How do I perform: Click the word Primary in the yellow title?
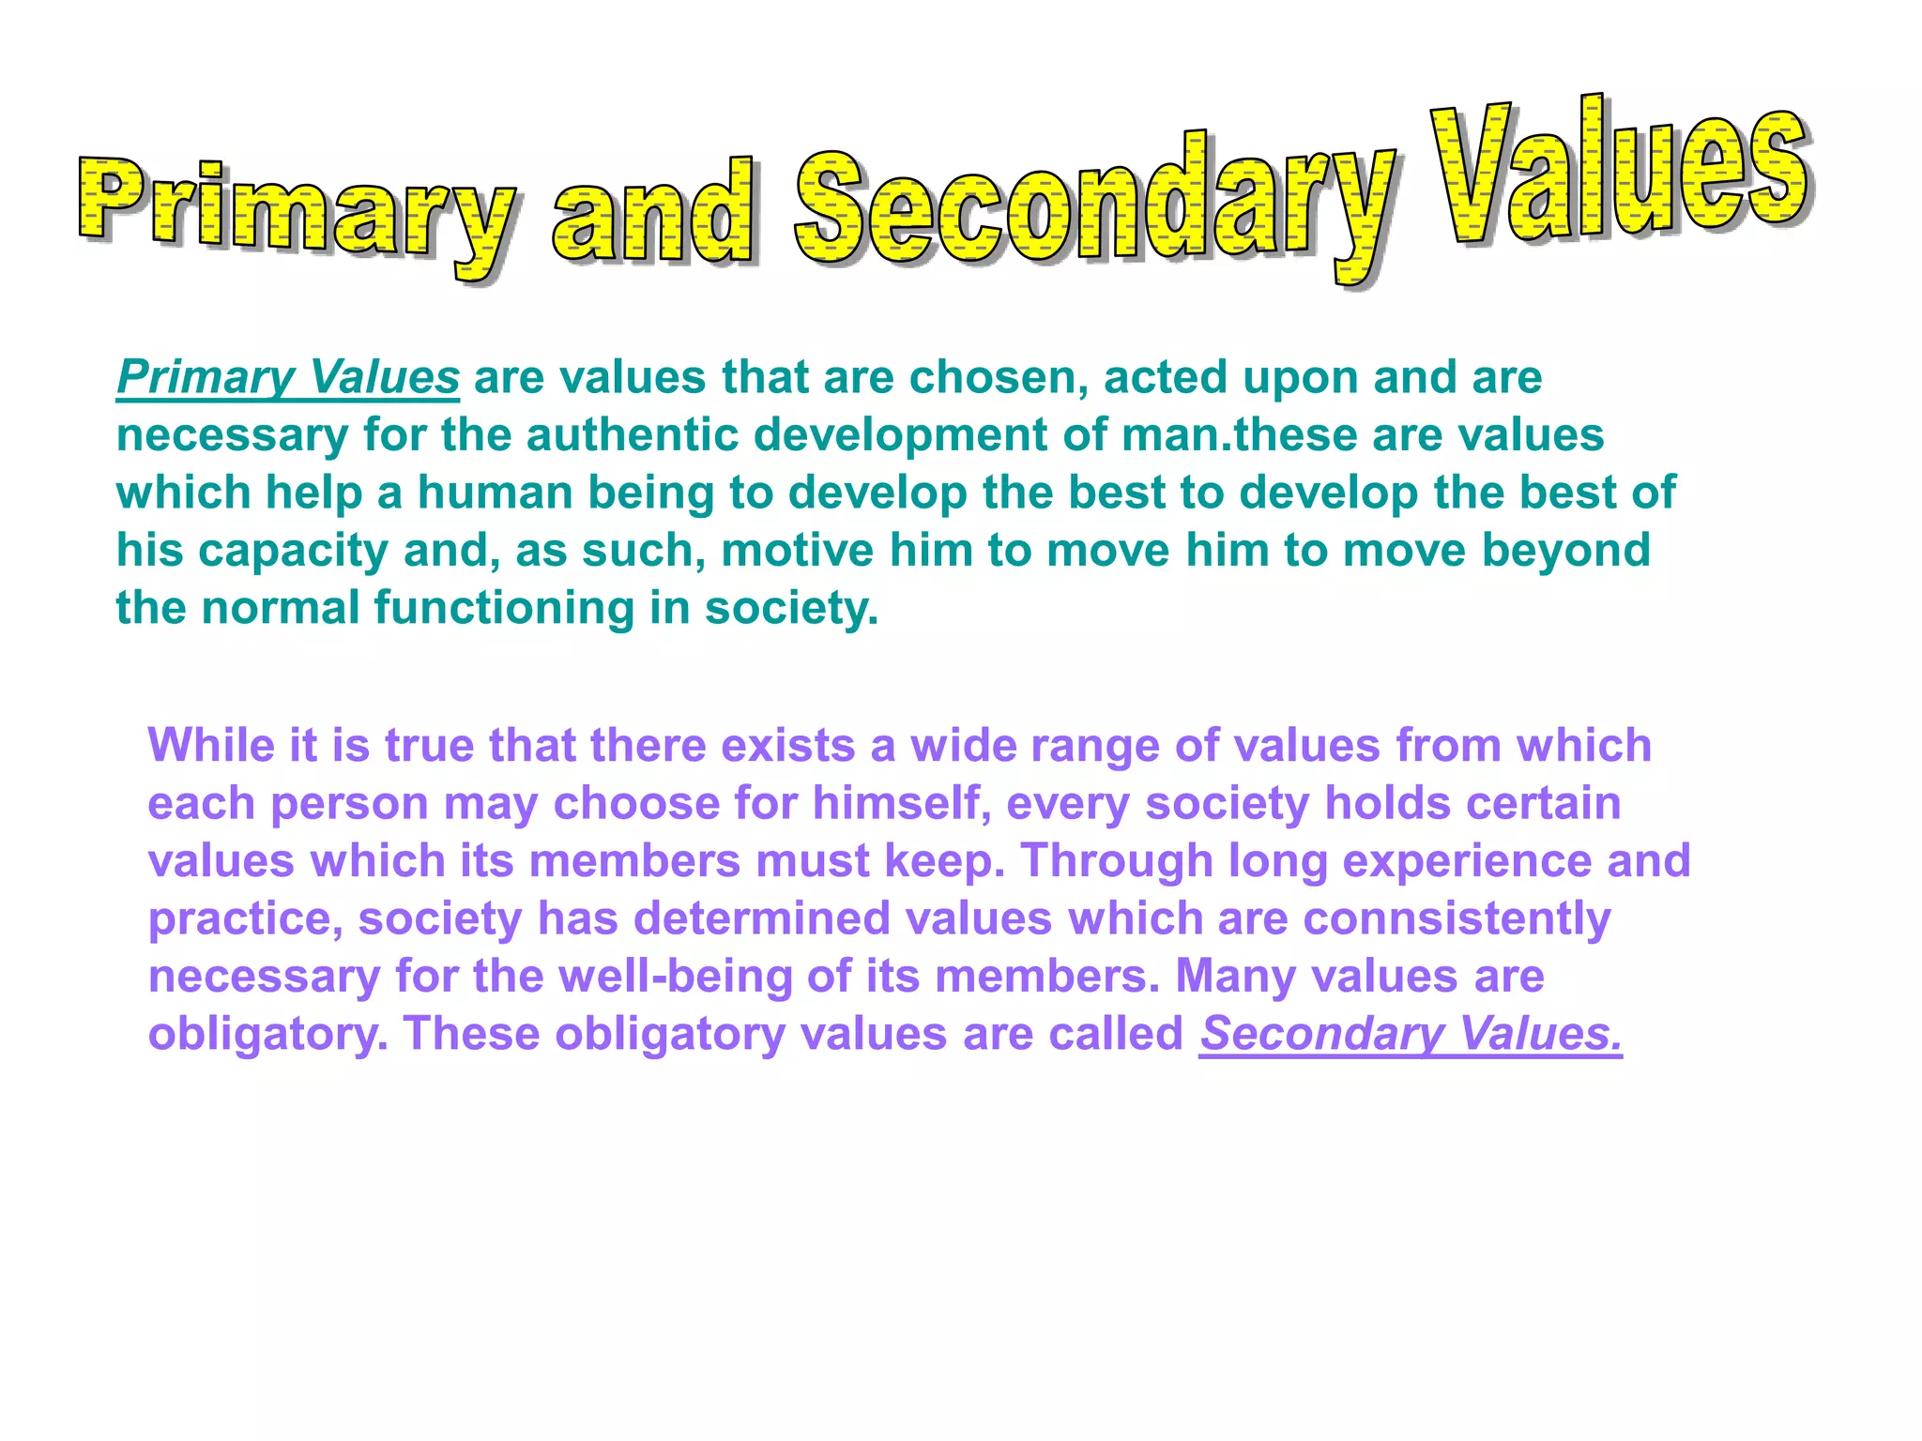click(x=296, y=211)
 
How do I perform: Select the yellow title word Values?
click(x=1619, y=169)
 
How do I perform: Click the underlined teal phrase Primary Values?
click(x=288, y=377)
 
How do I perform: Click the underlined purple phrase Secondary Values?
click(x=1411, y=1034)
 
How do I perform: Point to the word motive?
click(x=797, y=551)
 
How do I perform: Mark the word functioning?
click(x=504, y=608)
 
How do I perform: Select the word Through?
click(x=1117, y=861)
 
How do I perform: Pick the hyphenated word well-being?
click(x=675, y=977)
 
